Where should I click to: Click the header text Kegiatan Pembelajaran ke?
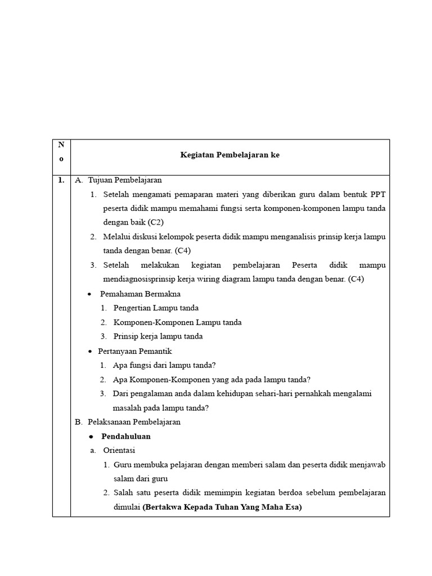click(x=229, y=155)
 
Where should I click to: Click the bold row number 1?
click(x=60, y=181)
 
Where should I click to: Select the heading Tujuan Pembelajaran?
click(x=124, y=181)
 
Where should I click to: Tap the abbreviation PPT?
click(x=377, y=195)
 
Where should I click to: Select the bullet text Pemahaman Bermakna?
click(x=140, y=294)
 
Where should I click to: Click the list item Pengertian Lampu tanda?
click(x=156, y=308)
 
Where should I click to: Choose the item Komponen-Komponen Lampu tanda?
click(x=177, y=322)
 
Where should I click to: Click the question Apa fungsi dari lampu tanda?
click(x=164, y=365)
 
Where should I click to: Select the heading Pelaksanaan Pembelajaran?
click(x=134, y=422)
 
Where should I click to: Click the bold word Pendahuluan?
click(x=126, y=436)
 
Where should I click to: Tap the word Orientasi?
click(x=119, y=451)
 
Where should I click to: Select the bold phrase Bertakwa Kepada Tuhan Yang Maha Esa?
click(x=222, y=507)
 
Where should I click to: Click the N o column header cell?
click(x=61, y=152)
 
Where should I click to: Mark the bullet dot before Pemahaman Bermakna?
click(x=90, y=294)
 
